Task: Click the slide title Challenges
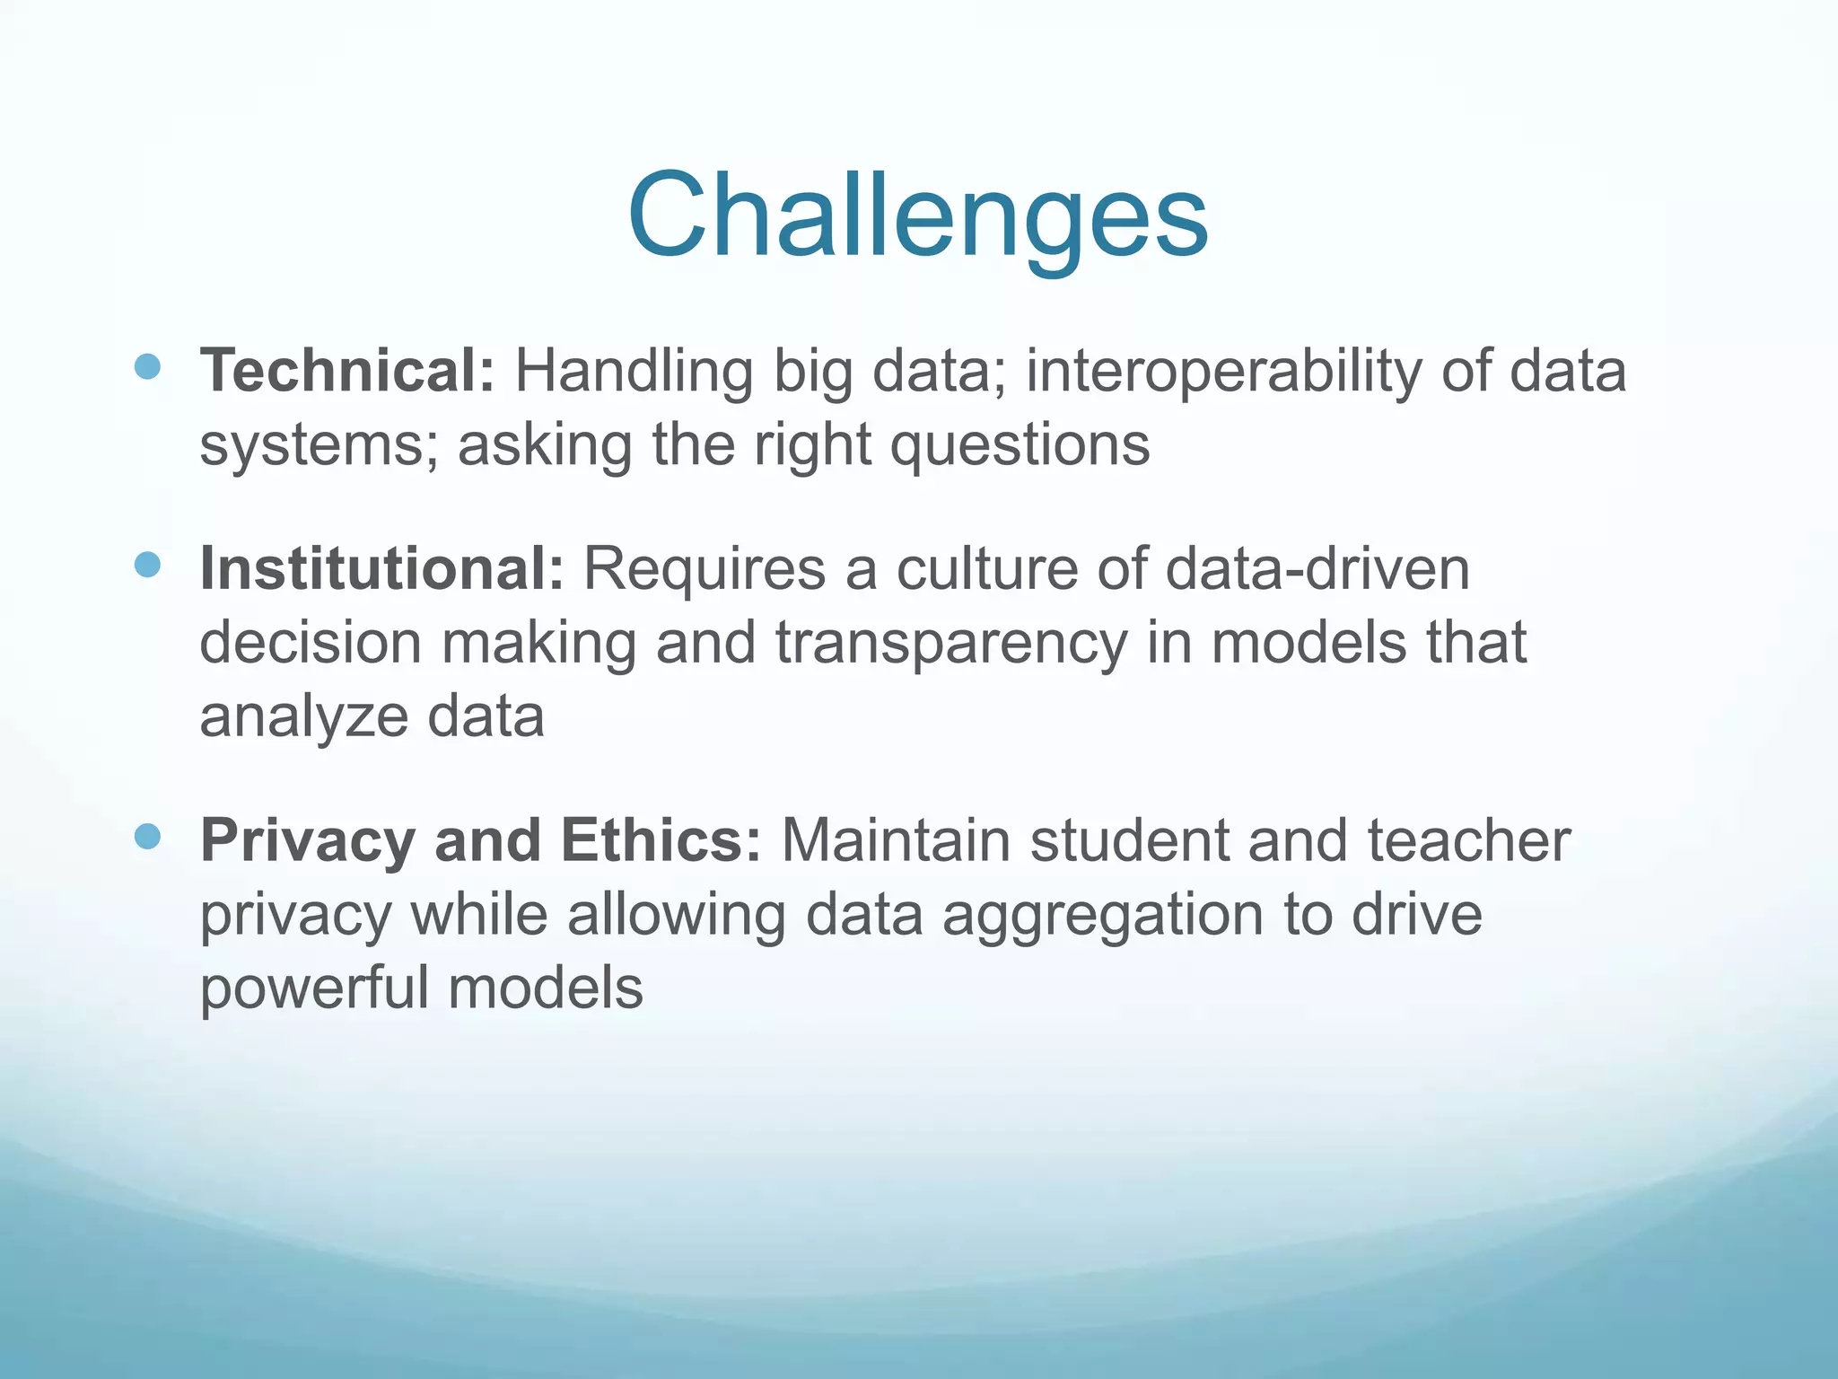(x=917, y=217)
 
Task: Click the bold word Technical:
(x=346, y=371)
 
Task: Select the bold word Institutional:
(x=381, y=569)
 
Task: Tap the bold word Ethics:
(x=661, y=841)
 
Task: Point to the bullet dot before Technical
(x=147, y=366)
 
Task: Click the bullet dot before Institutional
(x=147, y=565)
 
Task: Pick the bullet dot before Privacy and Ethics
(x=147, y=837)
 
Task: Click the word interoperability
(x=1223, y=371)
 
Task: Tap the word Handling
(x=634, y=371)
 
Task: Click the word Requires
(x=705, y=569)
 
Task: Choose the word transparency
(x=951, y=644)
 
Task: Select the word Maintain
(x=896, y=841)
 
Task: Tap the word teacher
(x=1469, y=841)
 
